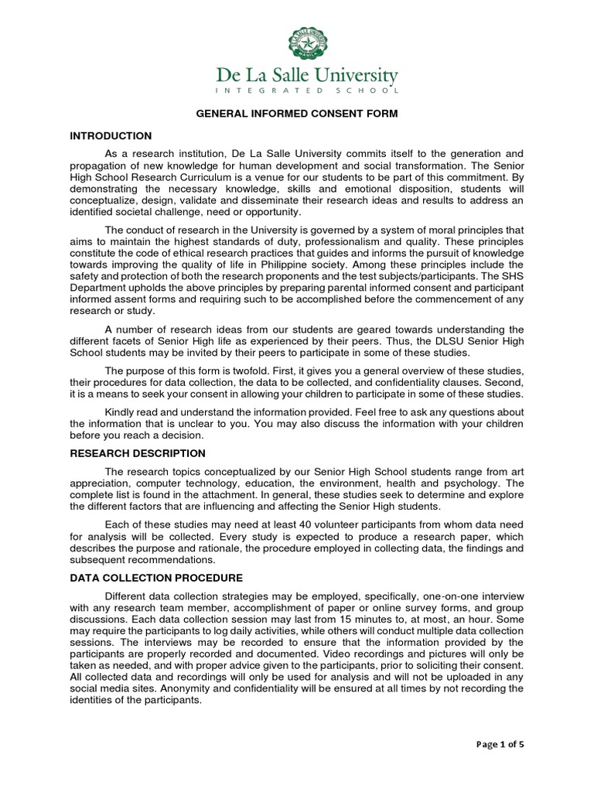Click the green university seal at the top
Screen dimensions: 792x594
click(x=307, y=44)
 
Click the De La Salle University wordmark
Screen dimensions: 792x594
click(x=306, y=77)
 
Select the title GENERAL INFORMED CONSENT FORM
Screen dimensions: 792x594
click(x=296, y=114)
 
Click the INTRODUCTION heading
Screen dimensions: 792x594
click(x=111, y=136)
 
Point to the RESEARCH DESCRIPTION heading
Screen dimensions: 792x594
click(x=138, y=453)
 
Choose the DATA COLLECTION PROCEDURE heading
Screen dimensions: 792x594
click(x=156, y=578)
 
